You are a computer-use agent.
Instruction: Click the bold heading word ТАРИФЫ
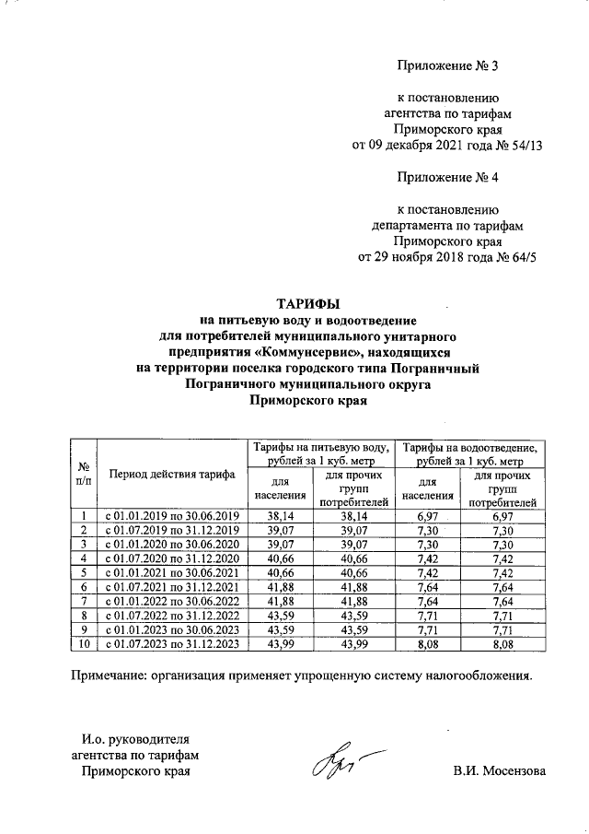308,303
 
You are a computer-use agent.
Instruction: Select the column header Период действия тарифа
172,475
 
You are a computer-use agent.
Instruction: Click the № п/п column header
84,474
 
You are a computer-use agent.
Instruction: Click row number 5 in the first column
84,572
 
